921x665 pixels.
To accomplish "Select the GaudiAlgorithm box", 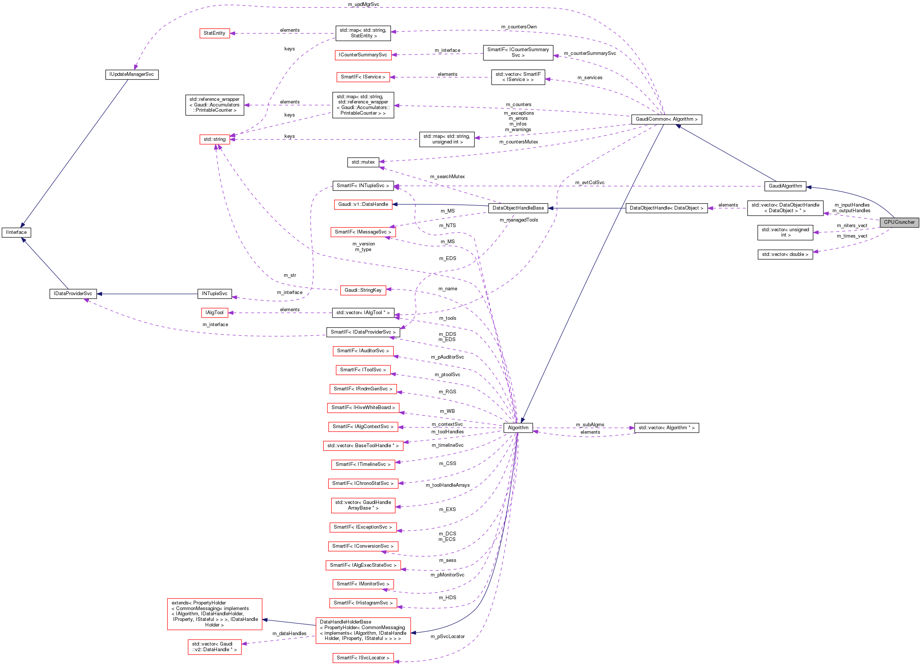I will (x=785, y=186).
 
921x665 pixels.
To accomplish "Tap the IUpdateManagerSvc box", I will (x=132, y=75).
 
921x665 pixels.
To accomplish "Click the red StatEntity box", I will (x=215, y=33).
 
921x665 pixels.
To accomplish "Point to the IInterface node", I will (x=16, y=233).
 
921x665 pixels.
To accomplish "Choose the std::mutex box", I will (x=363, y=163).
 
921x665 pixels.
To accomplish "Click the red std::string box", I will (x=215, y=140).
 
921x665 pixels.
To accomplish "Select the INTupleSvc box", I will (x=215, y=294).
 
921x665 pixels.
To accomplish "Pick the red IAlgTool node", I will (x=215, y=313).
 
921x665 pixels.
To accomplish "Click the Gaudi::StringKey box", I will (x=363, y=290).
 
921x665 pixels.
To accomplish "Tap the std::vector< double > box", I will (x=785, y=254).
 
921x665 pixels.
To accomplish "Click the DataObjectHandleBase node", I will (x=518, y=208).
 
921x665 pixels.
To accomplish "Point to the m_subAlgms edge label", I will (x=589, y=425).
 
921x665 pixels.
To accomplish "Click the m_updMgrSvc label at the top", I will (x=363, y=4).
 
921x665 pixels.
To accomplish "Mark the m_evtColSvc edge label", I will (x=589, y=183).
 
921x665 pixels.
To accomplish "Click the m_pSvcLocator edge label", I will (x=447, y=637).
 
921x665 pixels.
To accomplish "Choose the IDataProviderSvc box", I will (x=73, y=294).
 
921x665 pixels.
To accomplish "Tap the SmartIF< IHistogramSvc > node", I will (x=363, y=603).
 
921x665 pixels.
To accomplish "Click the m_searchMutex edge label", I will (x=447, y=177).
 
